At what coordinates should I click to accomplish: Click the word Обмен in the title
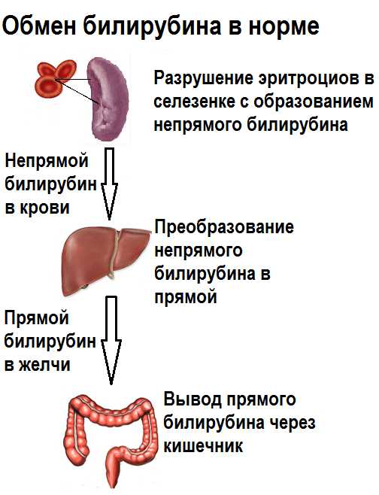pos(39,26)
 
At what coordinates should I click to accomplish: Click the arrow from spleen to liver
pos(109,184)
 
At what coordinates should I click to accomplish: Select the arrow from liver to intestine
pos(111,340)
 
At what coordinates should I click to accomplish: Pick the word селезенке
pos(195,102)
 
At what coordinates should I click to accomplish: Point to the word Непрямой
pos(47,161)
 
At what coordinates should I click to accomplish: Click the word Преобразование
pos(224,226)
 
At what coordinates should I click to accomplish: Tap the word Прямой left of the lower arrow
pos(37,318)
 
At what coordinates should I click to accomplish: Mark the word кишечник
pos(204,446)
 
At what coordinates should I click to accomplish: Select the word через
pos(292,424)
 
